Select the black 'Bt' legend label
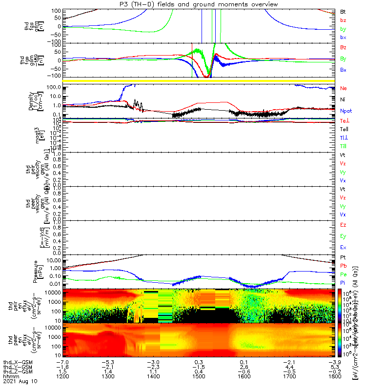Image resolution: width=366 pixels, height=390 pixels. click(343, 11)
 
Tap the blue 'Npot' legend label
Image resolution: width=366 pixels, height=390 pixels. click(346, 111)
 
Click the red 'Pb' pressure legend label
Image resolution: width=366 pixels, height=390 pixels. click(344, 266)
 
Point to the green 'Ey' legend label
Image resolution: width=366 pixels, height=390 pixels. click(344, 236)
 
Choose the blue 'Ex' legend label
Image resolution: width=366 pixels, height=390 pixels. click(344, 247)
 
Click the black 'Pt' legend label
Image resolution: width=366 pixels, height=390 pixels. click(343, 257)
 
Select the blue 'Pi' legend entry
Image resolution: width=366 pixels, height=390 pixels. click(343, 283)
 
